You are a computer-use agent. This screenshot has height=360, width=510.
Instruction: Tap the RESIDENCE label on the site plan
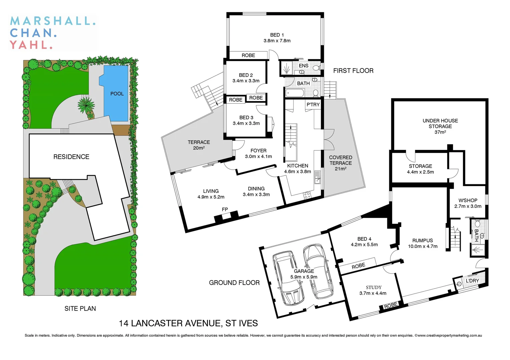pos(71,157)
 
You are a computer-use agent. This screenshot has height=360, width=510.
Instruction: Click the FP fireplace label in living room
pos(225,209)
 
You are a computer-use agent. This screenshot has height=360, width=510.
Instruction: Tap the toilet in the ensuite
pos(316,68)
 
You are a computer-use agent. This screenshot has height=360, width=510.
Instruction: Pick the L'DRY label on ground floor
pos(472,281)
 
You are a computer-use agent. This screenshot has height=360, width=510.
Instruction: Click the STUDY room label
pos(373,287)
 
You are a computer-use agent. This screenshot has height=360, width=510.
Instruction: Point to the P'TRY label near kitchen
pos(313,105)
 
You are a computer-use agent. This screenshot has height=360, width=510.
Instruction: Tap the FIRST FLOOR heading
pos(353,71)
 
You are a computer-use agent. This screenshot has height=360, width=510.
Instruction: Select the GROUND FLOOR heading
pos(234,283)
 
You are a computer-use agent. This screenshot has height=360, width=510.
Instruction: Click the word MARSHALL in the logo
pos(53,21)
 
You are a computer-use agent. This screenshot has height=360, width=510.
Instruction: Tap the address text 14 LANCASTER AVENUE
pos(188,323)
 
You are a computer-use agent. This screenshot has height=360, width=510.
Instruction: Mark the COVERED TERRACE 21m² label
pos(340,163)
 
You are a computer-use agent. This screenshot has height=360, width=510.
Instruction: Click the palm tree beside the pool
pos(86,105)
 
